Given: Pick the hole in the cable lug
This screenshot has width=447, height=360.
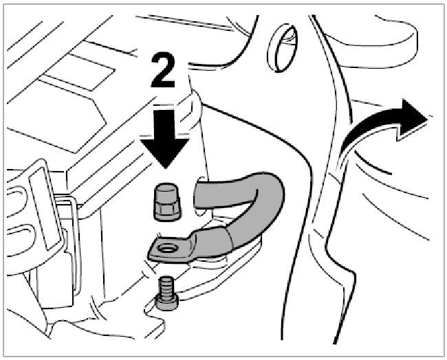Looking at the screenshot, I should point(168,247).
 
